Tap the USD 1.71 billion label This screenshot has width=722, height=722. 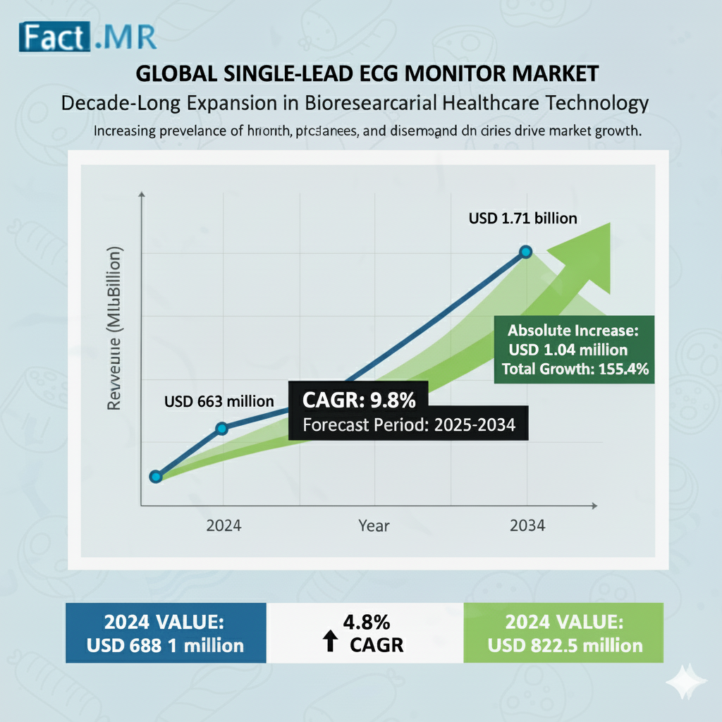click(x=522, y=219)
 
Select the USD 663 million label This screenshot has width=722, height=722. click(x=219, y=401)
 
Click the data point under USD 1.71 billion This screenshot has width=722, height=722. click(x=525, y=252)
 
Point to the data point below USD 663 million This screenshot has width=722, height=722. click(x=221, y=428)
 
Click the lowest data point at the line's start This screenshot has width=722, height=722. click(x=156, y=476)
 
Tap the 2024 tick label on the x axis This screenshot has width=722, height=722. click(x=224, y=526)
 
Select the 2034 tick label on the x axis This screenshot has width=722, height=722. click(x=526, y=526)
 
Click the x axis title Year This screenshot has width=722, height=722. click(x=373, y=526)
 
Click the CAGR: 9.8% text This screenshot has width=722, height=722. click(x=359, y=400)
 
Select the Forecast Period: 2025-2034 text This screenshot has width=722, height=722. click(x=408, y=425)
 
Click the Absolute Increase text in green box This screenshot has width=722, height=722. click(x=573, y=330)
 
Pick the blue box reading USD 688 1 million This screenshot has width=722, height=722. click(x=166, y=632)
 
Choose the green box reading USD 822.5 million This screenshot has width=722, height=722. click(x=563, y=632)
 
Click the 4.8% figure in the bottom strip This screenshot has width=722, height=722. click(x=366, y=623)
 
